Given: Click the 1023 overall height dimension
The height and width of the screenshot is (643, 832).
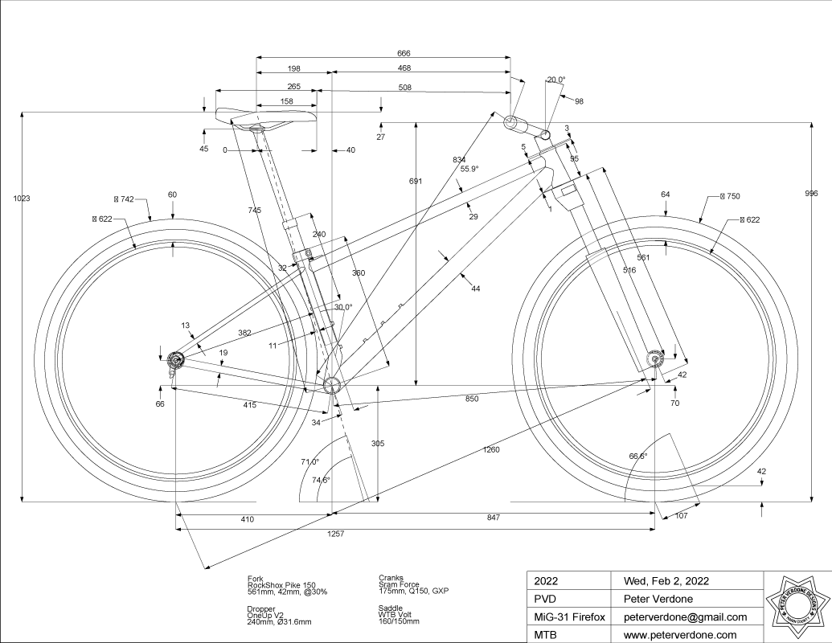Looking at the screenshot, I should click(21, 198).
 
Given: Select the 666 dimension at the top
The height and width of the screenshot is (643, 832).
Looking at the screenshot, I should click(383, 53).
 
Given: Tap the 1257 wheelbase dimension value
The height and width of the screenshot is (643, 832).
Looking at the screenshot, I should click(336, 534).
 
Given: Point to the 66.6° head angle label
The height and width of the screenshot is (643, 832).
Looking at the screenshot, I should click(637, 456).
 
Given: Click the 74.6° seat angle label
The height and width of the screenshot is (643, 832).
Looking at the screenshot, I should click(321, 480).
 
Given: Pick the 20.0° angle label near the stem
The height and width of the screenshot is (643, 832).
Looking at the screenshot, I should click(556, 80).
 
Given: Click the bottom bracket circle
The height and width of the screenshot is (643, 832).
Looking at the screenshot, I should click(331, 387).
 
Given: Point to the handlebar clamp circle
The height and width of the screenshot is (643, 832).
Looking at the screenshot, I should click(511, 122).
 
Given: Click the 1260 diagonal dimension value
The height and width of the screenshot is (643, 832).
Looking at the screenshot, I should click(491, 449).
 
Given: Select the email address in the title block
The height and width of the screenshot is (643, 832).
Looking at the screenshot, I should click(679, 617).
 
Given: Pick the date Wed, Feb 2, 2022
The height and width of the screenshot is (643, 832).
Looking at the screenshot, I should click(661, 580).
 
